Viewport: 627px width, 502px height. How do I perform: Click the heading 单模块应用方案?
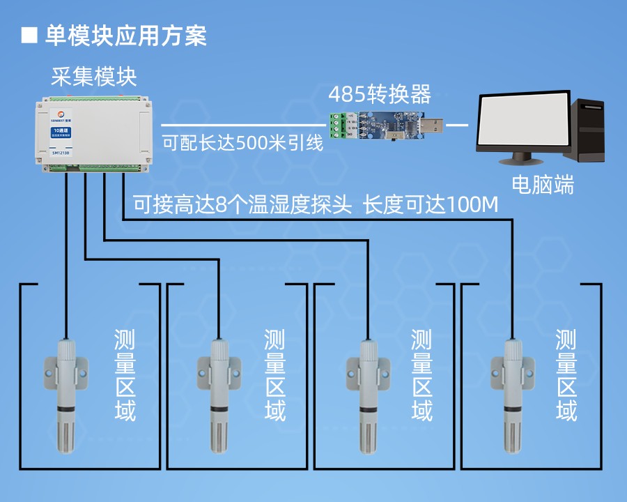126,36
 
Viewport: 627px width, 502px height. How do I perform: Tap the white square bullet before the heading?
29,36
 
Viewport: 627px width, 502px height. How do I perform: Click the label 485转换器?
379,93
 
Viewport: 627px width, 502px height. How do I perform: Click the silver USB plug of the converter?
433,125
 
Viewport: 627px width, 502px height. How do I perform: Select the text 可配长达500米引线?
242,144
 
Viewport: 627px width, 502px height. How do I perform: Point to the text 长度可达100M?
432,206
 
